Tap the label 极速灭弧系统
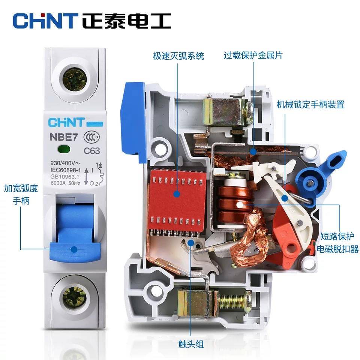point(178,56)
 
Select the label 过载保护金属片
point(253,55)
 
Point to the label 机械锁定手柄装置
point(310,104)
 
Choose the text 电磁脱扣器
point(337,249)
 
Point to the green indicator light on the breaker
point(64,150)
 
